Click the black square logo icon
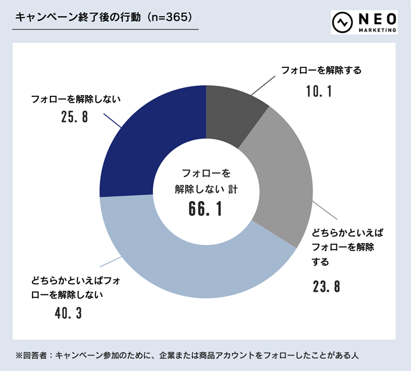pyautogui.click(x=341, y=22)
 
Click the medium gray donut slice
pyautogui.click(x=283, y=179)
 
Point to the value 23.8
pyautogui.click(x=326, y=287)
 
